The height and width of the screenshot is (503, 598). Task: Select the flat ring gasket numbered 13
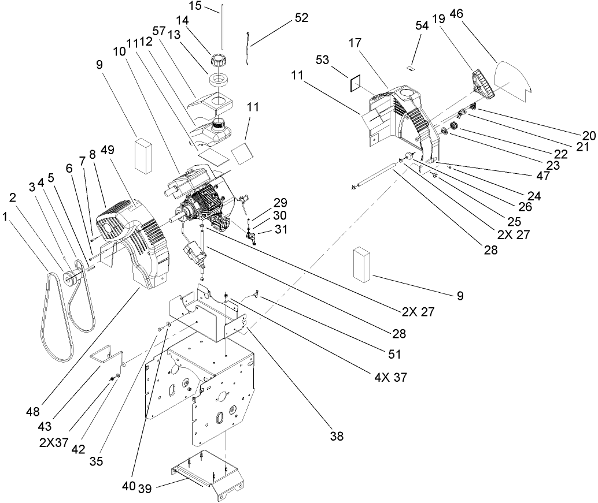tap(220, 81)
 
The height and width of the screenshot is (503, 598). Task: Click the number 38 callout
tap(337, 437)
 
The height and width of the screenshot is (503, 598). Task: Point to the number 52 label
tap(301, 17)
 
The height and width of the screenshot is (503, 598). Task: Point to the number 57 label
tap(160, 29)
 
